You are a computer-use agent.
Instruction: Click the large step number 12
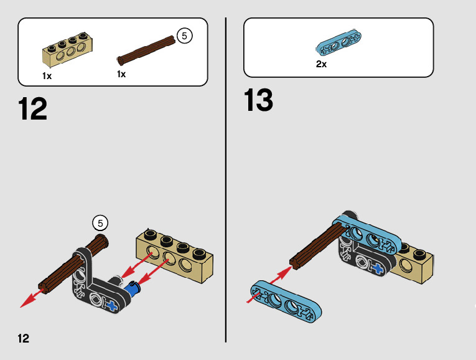pos(33,109)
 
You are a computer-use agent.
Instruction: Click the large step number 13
pos(259,100)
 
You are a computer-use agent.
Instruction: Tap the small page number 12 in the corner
pos(23,338)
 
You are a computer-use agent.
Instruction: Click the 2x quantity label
pos(321,64)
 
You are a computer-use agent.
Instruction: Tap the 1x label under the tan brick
pos(47,76)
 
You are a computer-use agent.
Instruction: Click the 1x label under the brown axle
pos(121,73)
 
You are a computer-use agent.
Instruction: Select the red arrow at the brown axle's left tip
pos(29,299)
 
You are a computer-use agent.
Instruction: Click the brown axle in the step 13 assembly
pos(317,246)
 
